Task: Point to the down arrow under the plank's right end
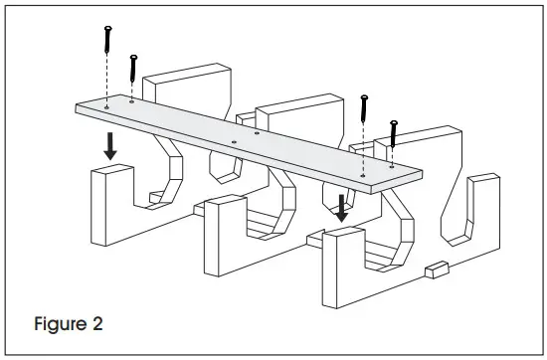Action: (342, 207)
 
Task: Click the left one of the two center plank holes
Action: (233, 141)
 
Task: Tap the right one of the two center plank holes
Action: (257, 132)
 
